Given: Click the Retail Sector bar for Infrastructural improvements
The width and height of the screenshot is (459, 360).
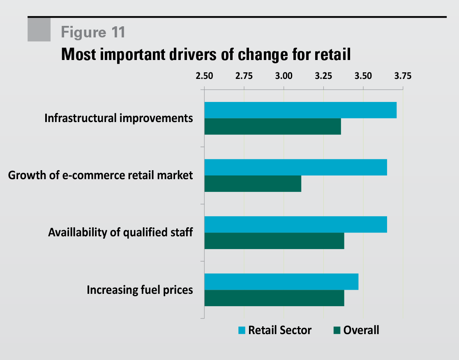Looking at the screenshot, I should (x=300, y=110).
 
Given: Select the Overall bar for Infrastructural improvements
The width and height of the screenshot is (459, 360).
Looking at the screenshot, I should (x=272, y=127).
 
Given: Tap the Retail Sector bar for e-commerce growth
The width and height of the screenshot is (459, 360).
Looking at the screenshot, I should (x=295, y=167).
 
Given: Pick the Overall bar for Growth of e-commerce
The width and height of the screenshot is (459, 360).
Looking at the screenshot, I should (x=252, y=184).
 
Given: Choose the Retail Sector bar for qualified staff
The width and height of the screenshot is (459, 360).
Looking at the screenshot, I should (x=295, y=224).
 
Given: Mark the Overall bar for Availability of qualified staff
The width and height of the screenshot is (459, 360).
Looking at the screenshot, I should (x=274, y=241).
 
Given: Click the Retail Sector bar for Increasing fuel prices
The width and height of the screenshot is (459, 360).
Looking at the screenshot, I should (x=281, y=282).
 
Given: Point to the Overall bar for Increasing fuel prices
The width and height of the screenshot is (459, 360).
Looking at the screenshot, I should (x=274, y=298).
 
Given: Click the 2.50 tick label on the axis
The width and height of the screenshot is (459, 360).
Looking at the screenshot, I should (x=204, y=76).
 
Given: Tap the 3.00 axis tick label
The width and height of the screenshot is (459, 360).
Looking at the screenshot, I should (x=284, y=76).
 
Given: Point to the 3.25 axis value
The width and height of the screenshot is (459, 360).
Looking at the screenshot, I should (x=323, y=76).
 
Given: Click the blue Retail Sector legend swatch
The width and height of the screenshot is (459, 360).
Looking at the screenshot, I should (x=242, y=330).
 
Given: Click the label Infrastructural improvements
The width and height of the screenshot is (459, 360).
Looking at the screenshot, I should (x=118, y=118).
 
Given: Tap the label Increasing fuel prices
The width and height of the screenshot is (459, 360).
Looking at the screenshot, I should (x=140, y=290).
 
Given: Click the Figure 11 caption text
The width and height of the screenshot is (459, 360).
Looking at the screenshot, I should (x=93, y=32).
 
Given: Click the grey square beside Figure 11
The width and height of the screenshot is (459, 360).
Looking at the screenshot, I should (x=39, y=30).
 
